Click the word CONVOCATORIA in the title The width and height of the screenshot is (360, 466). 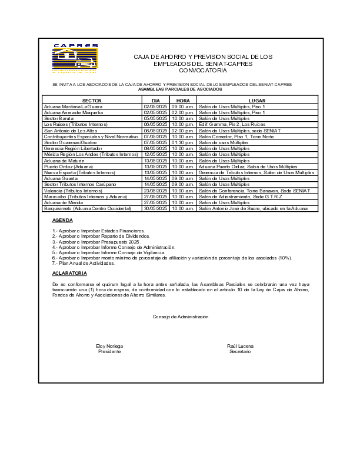tap(202, 70)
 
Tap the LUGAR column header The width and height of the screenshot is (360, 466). tap(257, 101)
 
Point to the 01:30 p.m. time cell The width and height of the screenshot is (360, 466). tap(182, 142)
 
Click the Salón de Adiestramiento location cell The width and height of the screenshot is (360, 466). tap(240, 197)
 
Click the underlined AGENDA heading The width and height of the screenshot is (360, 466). tap(62, 220)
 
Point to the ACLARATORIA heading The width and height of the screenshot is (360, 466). tap(69, 273)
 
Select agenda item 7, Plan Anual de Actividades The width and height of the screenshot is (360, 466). tap(88, 262)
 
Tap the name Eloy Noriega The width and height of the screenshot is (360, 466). tap(109, 346)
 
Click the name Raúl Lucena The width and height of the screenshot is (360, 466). tap(240, 346)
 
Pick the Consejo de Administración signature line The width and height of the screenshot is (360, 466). tap(180, 317)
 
